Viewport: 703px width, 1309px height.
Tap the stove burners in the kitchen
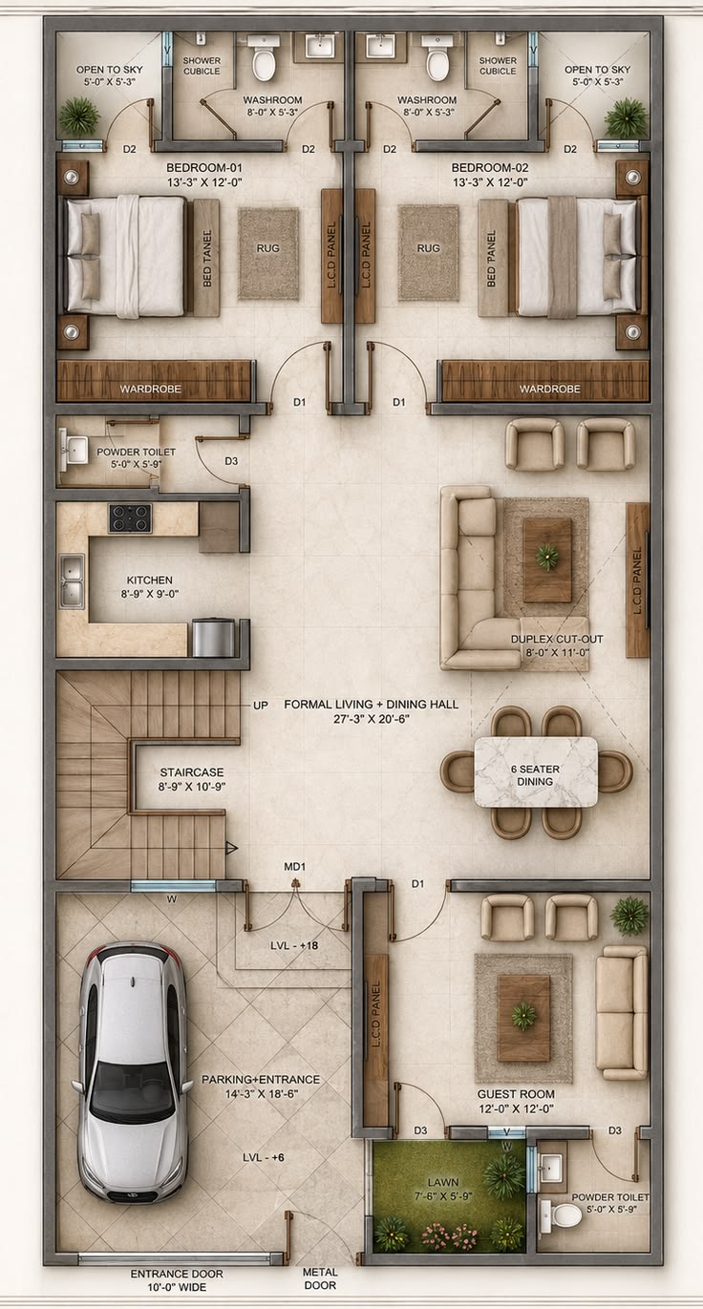click(x=130, y=517)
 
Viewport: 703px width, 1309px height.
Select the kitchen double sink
click(x=72, y=581)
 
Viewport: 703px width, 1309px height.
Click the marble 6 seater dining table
click(x=535, y=771)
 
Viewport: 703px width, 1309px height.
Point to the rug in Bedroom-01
click(x=268, y=254)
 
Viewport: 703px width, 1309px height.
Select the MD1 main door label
click(x=294, y=867)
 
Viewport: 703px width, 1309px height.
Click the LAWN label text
click(x=442, y=1182)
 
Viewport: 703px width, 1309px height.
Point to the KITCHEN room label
click(x=150, y=581)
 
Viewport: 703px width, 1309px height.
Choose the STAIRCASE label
click(x=192, y=772)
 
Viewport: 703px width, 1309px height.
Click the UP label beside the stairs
click(x=261, y=706)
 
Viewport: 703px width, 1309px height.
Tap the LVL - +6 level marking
click(x=263, y=1157)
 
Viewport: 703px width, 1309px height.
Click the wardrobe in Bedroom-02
click(x=545, y=381)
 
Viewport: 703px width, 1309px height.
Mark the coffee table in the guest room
click(x=523, y=1018)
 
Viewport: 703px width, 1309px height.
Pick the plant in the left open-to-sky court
click(x=79, y=116)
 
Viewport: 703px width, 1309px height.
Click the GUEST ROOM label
click(x=516, y=1094)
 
